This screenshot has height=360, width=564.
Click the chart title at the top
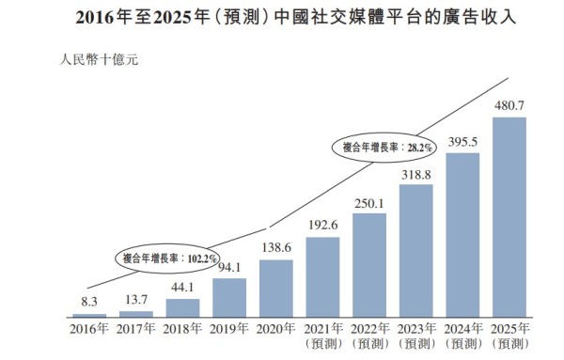[282, 16]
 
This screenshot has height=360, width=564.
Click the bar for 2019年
[229, 297]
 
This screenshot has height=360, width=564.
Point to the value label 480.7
[509, 105]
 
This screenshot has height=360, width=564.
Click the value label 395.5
[462, 141]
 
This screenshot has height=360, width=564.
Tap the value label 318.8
[415, 173]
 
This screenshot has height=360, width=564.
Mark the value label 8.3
[89, 303]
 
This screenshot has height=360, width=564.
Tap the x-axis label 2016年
[89, 329]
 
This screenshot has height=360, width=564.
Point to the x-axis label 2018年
[182, 329]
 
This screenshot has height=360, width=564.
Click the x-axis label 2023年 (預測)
[415, 336]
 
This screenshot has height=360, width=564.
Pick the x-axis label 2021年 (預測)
[322, 336]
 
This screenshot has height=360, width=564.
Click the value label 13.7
[136, 300]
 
